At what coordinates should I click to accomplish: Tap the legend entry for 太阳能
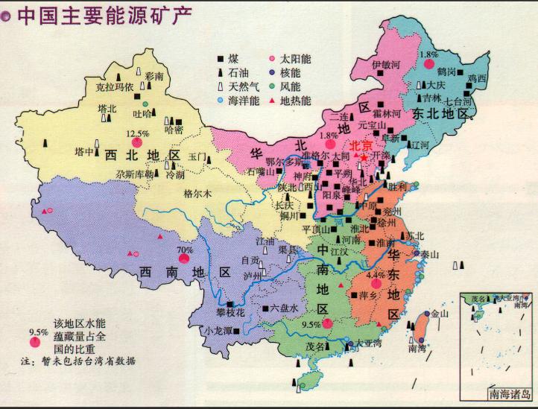[292, 57]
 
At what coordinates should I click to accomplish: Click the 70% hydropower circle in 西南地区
[183, 259]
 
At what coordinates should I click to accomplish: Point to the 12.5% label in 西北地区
[138, 134]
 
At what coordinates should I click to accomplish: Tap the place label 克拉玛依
[115, 87]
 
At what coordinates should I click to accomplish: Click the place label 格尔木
[197, 193]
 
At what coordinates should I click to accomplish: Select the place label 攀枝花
[230, 314]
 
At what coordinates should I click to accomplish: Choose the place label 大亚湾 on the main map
[368, 343]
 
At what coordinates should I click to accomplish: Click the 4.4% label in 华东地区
[376, 274]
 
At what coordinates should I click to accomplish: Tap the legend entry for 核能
[292, 72]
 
